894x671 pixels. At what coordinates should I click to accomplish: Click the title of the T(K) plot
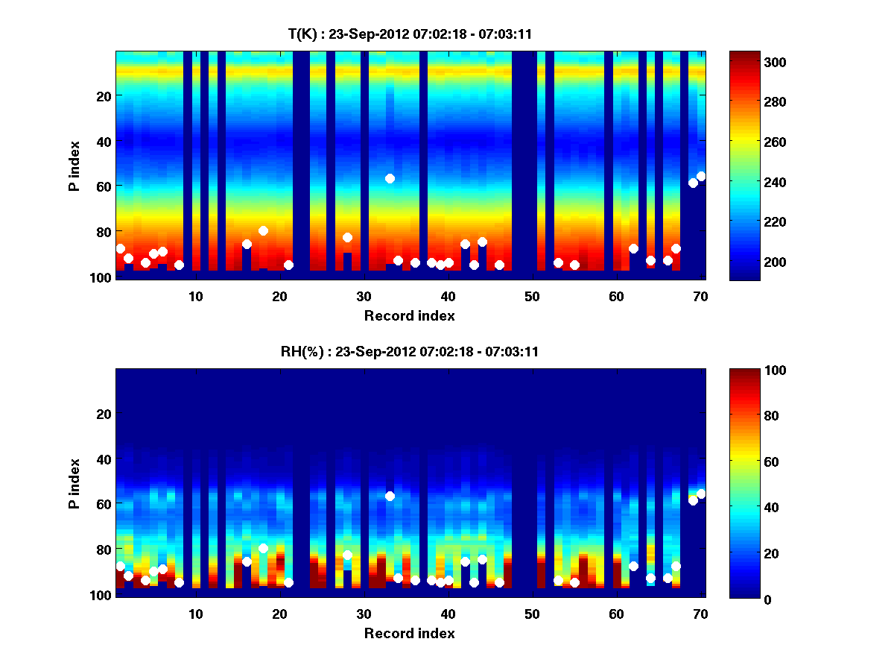pos(409,34)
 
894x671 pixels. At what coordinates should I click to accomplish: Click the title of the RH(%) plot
pos(409,351)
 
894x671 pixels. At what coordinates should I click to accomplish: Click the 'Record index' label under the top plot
pos(409,315)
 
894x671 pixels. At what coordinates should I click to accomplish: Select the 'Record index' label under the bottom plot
pos(409,633)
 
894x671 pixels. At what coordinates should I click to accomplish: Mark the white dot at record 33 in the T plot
pos(390,178)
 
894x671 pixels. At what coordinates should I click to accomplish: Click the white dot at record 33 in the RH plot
pos(390,496)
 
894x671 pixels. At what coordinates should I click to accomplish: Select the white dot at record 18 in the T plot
pos(263,230)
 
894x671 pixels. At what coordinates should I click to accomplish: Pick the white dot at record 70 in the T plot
pos(701,176)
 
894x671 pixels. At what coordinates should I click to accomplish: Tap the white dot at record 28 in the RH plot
pos(347,555)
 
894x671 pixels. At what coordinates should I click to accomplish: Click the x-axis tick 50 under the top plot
pos(532,296)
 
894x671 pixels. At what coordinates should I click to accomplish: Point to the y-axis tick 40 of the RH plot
pos(104,459)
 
